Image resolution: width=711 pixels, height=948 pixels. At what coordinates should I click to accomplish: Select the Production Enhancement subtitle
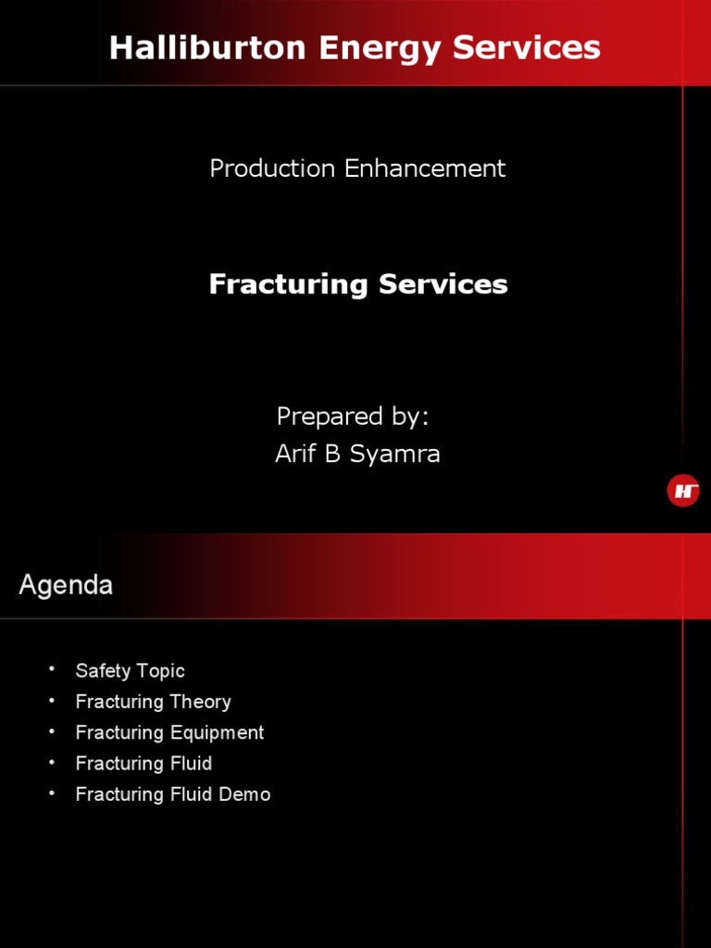click(357, 168)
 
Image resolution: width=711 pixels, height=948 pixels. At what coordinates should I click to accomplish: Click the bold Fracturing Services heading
click(357, 284)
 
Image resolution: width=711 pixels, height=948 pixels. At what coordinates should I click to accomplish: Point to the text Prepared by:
click(353, 417)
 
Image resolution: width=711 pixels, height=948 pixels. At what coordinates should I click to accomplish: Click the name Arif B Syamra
click(357, 454)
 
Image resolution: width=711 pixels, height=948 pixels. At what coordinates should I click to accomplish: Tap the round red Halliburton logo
click(683, 491)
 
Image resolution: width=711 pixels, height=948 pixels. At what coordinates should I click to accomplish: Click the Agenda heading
click(66, 585)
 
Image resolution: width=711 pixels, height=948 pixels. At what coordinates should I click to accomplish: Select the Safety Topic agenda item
click(130, 671)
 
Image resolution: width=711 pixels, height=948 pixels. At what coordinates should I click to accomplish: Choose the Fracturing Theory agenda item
click(153, 702)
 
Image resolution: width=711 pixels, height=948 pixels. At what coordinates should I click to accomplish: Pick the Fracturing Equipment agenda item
click(169, 732)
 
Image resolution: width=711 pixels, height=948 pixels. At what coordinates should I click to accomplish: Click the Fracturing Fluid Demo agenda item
click(173, 794)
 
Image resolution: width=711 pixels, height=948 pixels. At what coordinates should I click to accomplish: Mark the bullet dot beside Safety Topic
click(53, 669)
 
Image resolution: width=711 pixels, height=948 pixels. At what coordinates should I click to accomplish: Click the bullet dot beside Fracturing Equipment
click(53, 731)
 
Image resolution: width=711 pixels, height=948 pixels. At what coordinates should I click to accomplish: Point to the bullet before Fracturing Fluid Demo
click(53, 793)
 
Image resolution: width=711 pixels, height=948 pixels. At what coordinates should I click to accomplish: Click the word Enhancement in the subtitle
click(425, 168)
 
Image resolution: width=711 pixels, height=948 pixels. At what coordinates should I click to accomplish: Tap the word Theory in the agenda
click(200, 702)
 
